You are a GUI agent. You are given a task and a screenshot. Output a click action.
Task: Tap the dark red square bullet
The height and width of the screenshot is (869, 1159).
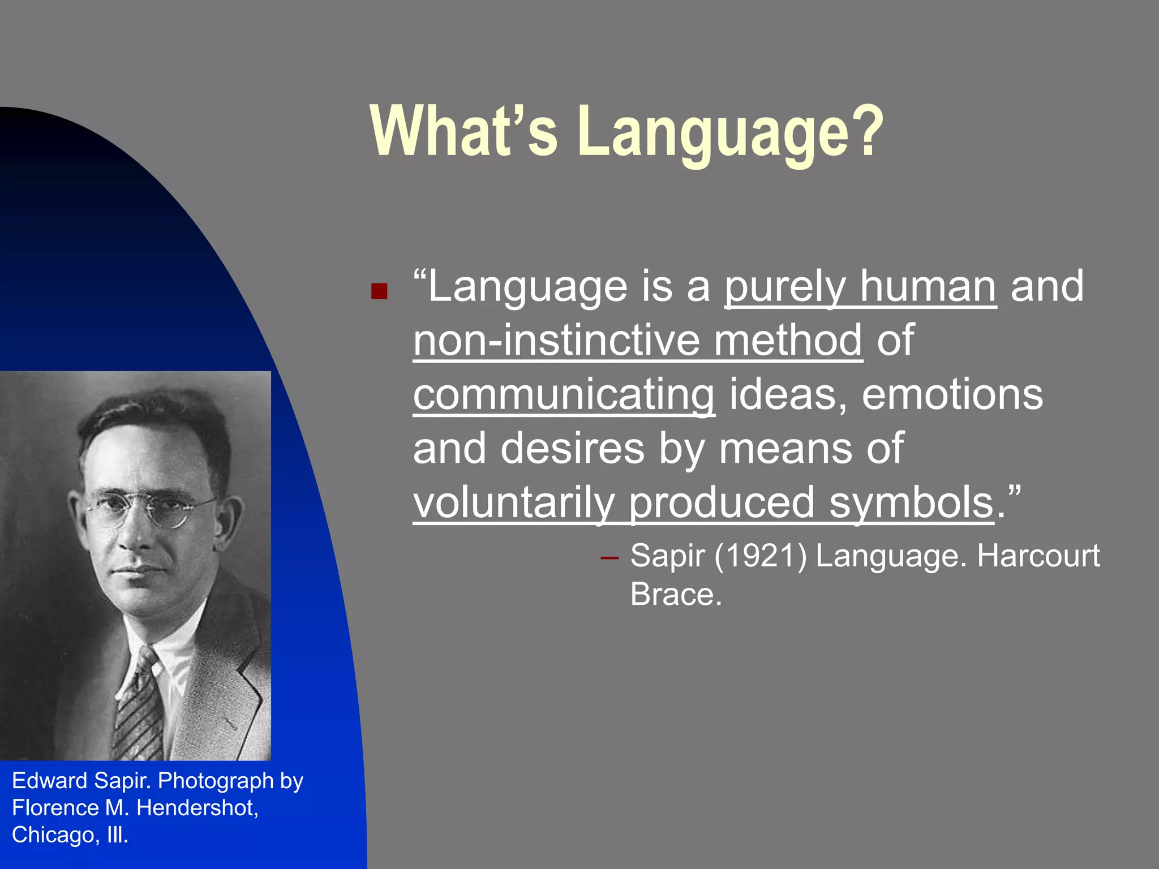[x=379, y=291]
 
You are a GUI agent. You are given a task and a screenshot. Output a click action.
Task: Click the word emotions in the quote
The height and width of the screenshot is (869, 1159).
[x=952, y=394]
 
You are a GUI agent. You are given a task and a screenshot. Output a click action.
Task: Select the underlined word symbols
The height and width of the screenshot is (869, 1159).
[x=911, y=502]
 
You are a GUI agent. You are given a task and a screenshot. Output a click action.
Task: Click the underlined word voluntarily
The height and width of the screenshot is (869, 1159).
[x=513, y=502]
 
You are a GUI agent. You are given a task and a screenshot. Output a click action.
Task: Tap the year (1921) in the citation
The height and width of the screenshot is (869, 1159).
[x=760, y=556]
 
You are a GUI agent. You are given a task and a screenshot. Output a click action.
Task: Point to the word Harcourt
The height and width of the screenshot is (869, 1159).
[x=1038, y=556]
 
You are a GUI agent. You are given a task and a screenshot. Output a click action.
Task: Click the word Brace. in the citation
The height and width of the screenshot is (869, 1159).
[x=676, y=595]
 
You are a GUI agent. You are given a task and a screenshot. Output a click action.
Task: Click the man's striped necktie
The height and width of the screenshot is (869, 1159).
[x=139, y=707]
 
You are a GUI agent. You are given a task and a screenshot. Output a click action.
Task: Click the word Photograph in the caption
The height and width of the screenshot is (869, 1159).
[x=216, y=781]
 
